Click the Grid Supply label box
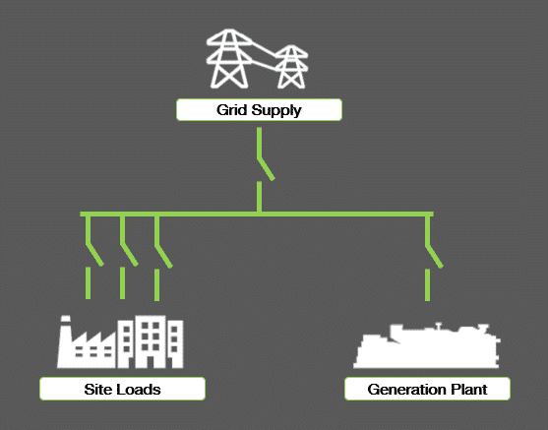[x=259, y=110]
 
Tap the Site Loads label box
[x=122, y=389]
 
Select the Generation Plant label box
[x=427, y=389]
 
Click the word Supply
[x=276, y=110]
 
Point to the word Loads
[x=139, y=389]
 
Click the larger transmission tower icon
[x=229, y=58]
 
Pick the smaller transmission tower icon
[x=291, y=67]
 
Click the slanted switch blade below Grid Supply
[x=266, y=169]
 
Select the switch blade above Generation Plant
[x=435, y=256]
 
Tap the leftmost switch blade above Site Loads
[x=94, y=255]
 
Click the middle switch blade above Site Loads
[x=129, y=255]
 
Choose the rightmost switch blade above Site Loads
[x=163, y=256]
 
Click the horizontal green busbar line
[x=257, y=214]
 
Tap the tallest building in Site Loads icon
[x=151, y=341]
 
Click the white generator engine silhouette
[x=427, y=345]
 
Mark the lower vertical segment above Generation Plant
[x=427, y=285]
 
